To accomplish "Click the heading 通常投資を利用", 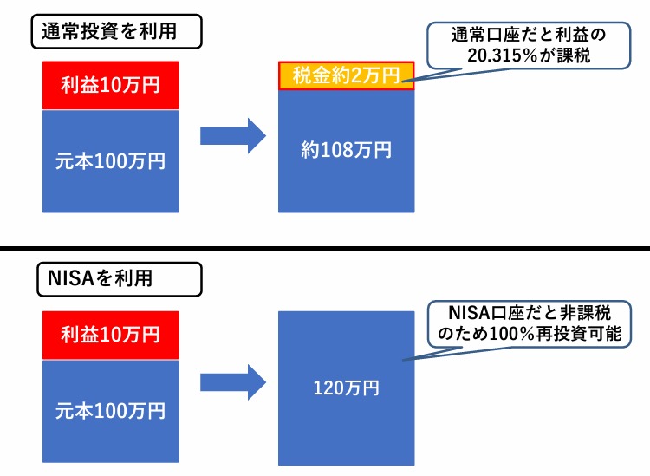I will coord(109,33).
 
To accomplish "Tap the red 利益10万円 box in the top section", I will coord(110,85).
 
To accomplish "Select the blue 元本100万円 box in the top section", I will coord(110,160).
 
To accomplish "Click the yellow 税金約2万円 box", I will coord(346,75).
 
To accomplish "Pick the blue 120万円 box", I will coord(346,387).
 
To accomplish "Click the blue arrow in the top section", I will coord(231,136).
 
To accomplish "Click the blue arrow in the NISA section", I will coord(231,382).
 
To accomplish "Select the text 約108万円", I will coord(346,149).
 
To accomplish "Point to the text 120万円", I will coord(346,388).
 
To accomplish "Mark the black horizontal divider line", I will coord(325,249).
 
